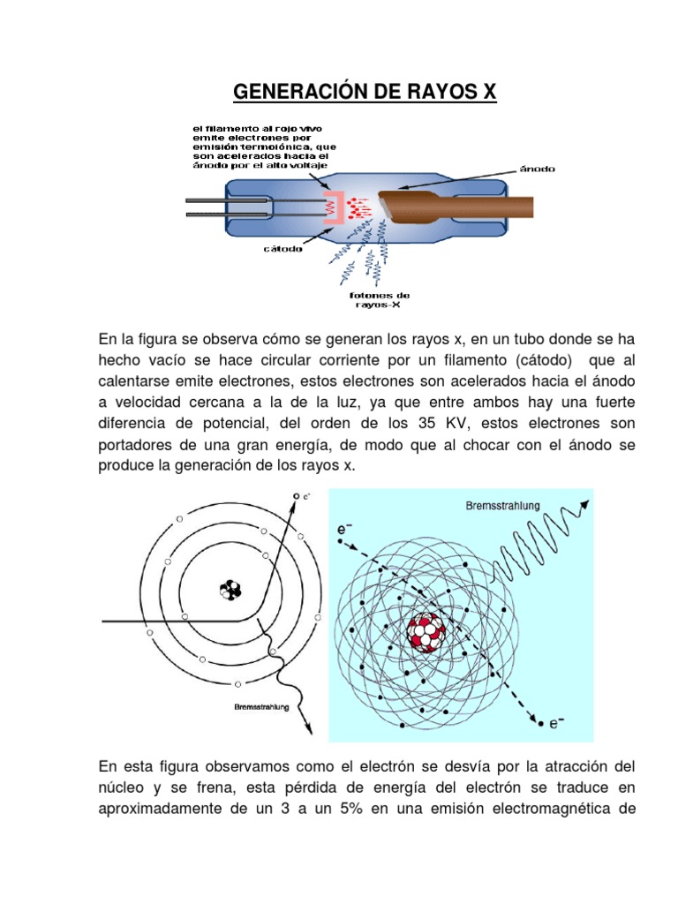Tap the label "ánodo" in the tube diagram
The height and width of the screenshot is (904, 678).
(x=536, y=168)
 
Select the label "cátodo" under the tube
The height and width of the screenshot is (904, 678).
(x=282, y=248)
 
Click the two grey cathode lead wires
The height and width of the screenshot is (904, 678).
(x=209, y=207)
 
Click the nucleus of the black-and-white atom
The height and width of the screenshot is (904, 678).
(x=231, y=589)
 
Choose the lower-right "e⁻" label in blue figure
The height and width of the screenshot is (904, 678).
(x=557, y=724)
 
